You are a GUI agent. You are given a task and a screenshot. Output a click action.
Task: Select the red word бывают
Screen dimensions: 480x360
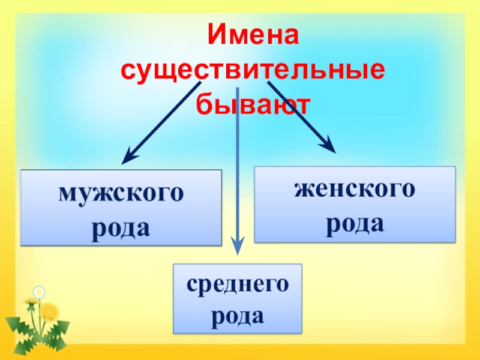(253, 105)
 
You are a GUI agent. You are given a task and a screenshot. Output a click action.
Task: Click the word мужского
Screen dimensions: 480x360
(121, 194)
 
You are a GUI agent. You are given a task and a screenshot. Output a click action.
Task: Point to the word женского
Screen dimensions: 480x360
(355, 190)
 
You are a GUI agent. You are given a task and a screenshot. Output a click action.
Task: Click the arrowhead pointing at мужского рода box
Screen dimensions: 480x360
(128, 158)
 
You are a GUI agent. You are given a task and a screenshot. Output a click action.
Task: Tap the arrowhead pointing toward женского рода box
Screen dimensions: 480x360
(328, 145)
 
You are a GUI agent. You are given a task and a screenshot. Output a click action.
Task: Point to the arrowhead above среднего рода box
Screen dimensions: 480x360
(238, 243)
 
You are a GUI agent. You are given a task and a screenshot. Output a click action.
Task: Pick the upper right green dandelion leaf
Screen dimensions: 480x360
(60, 328)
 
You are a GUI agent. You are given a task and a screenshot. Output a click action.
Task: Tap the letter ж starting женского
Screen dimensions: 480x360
(302, 190)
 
